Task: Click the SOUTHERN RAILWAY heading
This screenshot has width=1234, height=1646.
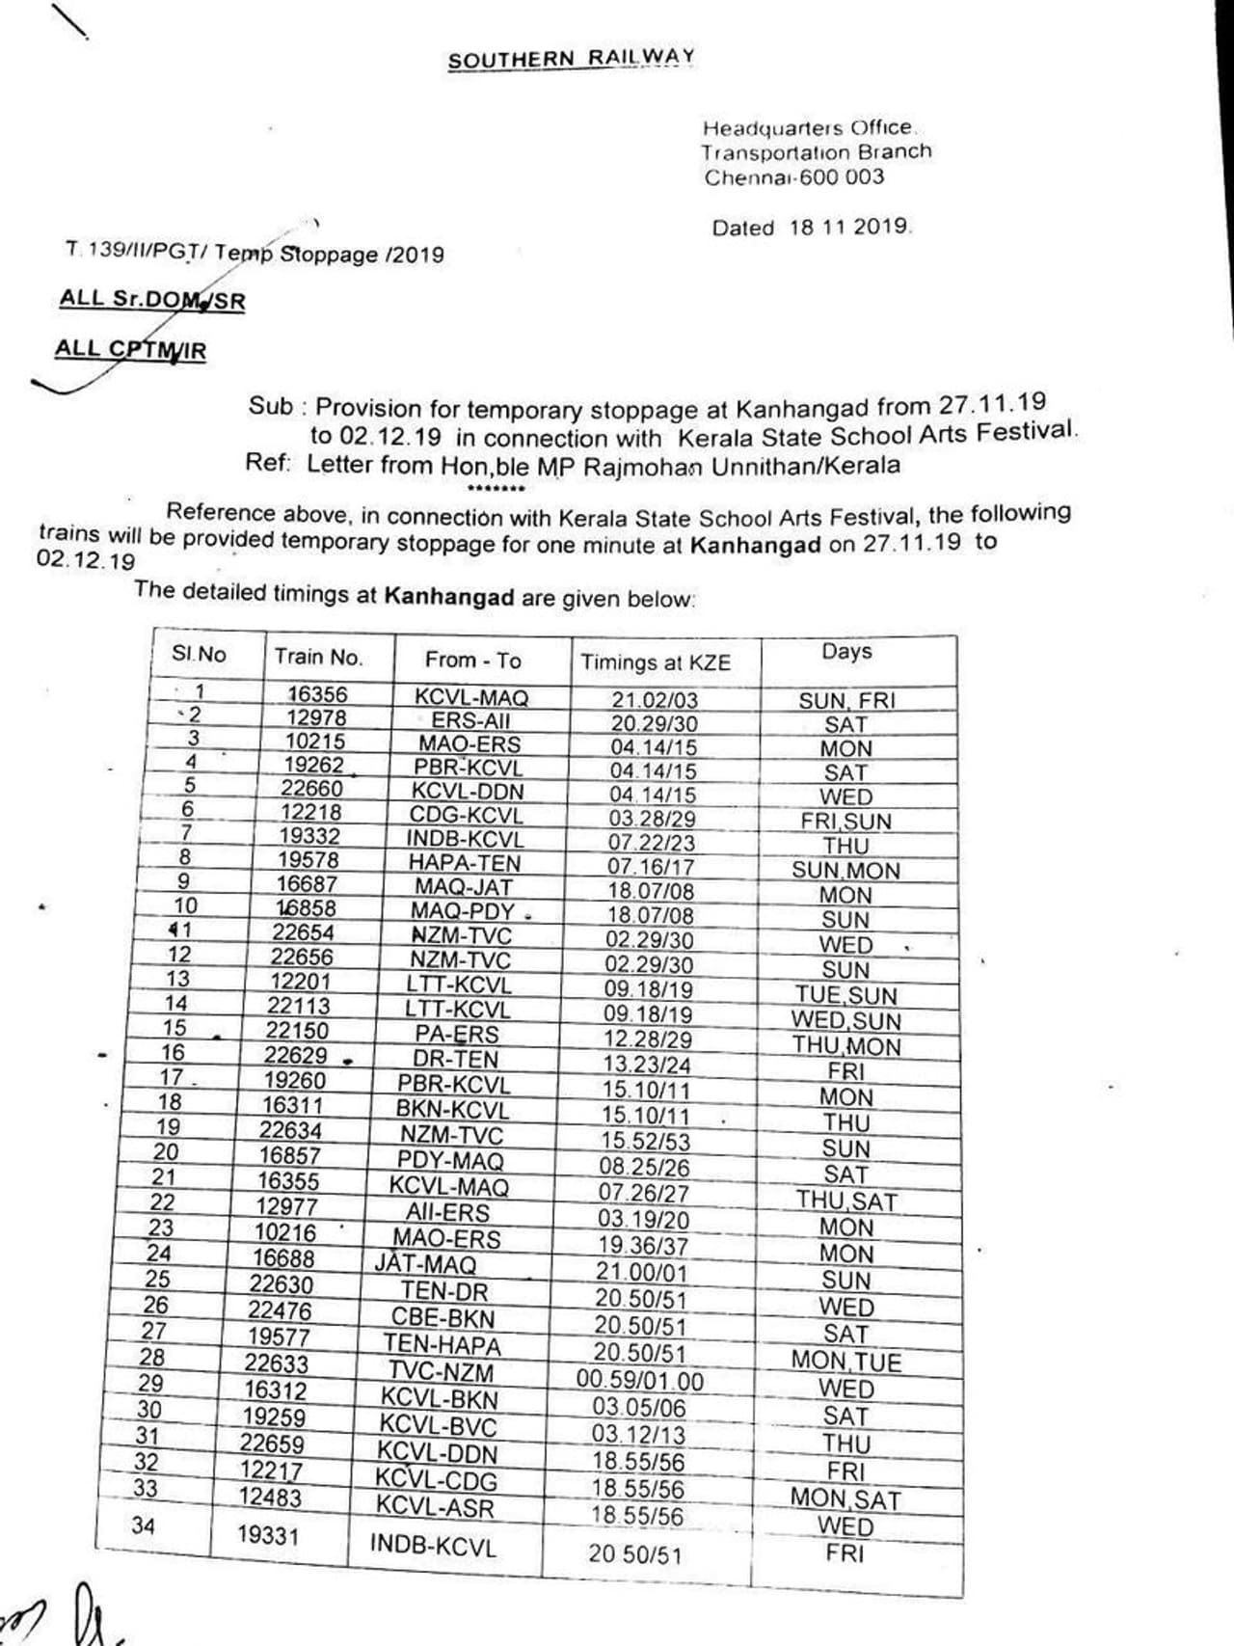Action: [571, 59]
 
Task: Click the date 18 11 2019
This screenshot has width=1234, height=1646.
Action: [847, 228]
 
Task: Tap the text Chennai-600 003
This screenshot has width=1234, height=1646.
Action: [793, 177]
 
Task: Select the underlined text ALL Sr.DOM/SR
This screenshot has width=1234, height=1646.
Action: [152, 300]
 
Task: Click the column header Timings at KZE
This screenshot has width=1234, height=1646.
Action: [656, 662]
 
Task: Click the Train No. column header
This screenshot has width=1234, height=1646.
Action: [318, 658]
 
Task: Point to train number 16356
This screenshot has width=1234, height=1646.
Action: [317, 694]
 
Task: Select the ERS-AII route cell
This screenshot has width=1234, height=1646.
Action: [470, 720]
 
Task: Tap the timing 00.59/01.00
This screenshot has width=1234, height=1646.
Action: [640, 1380]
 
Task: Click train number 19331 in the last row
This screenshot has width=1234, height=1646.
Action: [268, 1534]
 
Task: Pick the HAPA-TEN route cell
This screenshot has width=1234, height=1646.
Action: [464, 863]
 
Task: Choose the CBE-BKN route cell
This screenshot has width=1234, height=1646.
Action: [443, 1318]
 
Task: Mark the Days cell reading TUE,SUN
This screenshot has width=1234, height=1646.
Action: [845, 995]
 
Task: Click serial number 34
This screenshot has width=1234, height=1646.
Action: [143, 1525]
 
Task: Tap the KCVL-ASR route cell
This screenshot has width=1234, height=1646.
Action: [434, 1507]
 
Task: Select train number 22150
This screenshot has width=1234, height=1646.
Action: [297, 1030]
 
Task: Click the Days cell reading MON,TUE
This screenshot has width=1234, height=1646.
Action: [845, 1362]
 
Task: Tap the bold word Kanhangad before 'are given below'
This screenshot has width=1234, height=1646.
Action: [448, 596]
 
